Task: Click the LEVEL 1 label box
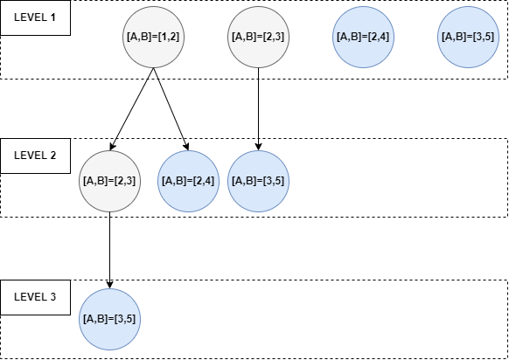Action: [x=35, y=17]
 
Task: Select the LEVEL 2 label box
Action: [x=35, y=156]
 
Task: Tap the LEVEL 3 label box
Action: [x=35, y=297]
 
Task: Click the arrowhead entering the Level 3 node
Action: [x=109, y=284]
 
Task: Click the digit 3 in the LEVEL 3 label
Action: [x=52, y=297]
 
